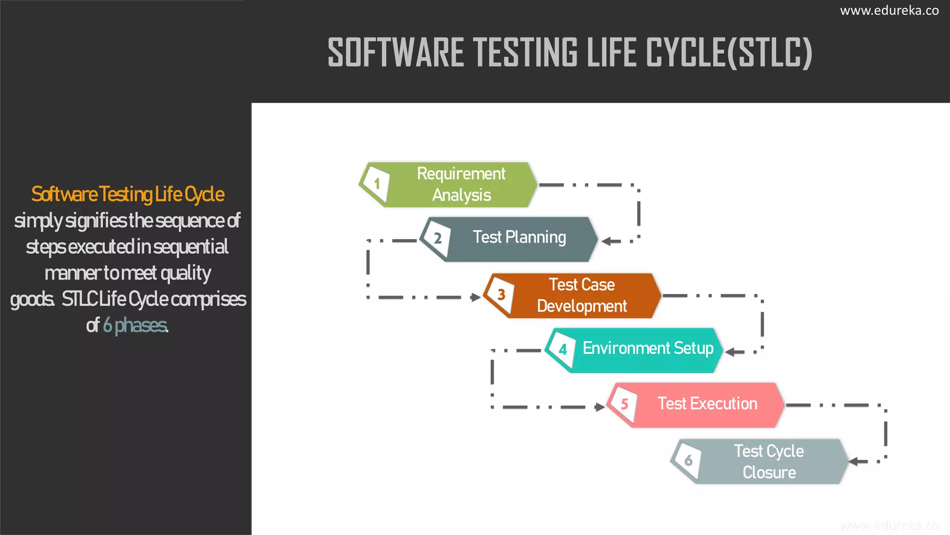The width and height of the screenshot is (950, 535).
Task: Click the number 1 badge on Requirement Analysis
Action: (x=377, y=184)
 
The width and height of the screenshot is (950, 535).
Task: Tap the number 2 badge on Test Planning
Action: (x=437, y=239)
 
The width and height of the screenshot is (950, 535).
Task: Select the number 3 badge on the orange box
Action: (x=501, y=294)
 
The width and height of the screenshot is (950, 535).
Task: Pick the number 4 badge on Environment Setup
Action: (x=563, y=350)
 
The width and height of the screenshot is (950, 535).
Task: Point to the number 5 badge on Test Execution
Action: (x=624, y=404)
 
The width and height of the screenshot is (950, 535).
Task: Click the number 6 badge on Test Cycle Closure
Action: (x=688, y=460)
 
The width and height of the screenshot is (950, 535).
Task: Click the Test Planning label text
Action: (x=519, y=237)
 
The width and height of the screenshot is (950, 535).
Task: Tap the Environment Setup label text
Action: (x=648, y=348)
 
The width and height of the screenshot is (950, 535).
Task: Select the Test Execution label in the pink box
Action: (x=707, y=404)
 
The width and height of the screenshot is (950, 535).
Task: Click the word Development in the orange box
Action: (x=582, y=307)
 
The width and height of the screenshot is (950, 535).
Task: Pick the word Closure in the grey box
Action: (x=769, y=473)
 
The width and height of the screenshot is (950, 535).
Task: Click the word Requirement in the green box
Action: (x=461, y=174)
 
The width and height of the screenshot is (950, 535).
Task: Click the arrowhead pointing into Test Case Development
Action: (x=475, y=297)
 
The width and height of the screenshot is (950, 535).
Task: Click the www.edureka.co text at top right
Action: (x=889, y=11)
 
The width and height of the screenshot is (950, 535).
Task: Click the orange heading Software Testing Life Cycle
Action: (x=128, y=195)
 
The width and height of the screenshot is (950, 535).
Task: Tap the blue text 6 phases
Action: (x=135, y=326)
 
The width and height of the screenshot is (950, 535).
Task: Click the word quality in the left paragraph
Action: (x=186, y=274)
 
